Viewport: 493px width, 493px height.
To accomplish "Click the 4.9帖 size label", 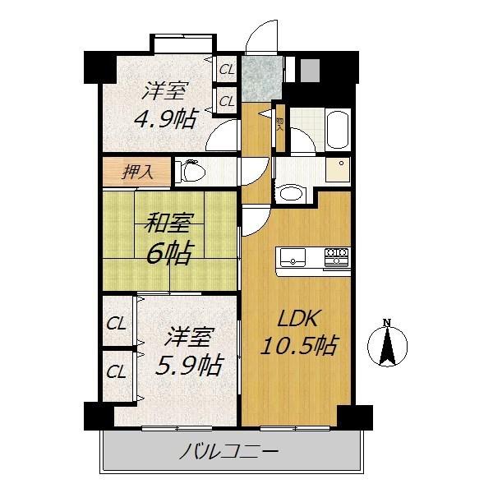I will (165, 119).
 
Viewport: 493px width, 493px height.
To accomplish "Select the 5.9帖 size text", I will (190, 364).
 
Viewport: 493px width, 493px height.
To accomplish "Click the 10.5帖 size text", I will (298, 344).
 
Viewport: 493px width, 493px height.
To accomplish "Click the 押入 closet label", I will (136, 173).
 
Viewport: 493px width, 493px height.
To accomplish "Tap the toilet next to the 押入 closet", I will (191, 172).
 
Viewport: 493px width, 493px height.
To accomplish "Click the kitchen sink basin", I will (293, 258).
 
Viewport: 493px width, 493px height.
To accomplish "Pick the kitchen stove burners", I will (337, 257).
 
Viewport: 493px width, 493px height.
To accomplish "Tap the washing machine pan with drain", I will (336, 170).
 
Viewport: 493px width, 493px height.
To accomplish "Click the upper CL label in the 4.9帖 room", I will (225, 71).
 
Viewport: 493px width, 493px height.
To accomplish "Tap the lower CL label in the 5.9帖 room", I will (117, 371).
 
